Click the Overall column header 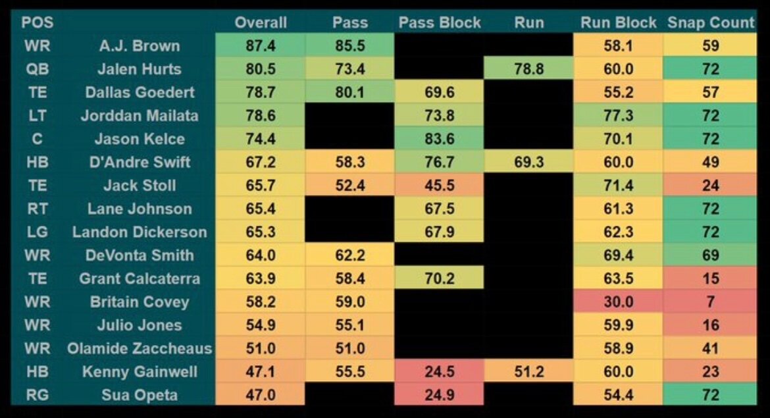coord(261,22)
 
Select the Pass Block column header coord(439,22)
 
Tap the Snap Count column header coord(711,22)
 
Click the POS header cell coord(38,22)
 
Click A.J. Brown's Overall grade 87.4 coord(261,46)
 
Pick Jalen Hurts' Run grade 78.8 coord(529,69)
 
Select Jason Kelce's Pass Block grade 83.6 coord(439,139)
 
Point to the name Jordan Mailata coord(140,116)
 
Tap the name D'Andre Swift coord(140,162)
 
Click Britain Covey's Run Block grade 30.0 coord(619,301)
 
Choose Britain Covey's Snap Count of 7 coord(711,301)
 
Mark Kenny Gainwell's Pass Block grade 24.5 coord(439,371)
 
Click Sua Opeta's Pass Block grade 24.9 coord(439,395)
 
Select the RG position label coord(38,395)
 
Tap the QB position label coord(38,69)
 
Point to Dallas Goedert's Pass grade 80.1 coord(349,92)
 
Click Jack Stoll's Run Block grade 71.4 coord(619,186)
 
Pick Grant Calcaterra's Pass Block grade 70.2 coord(439,278)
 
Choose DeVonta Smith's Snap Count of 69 coord(711,255)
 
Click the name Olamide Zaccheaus coord(140,348)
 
